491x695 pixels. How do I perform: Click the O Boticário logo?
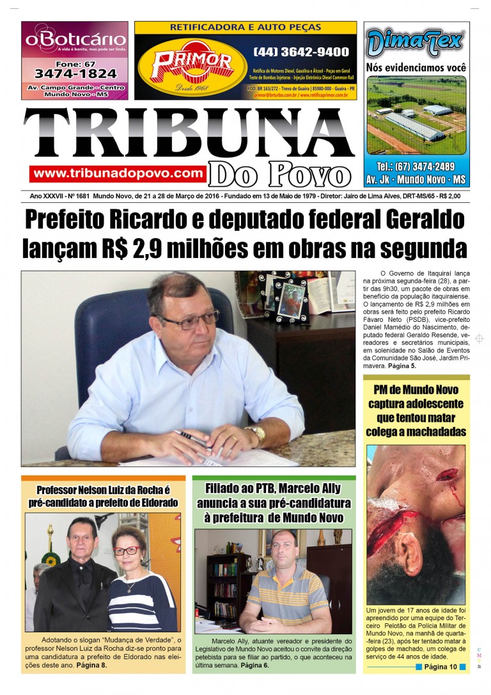[74, 40]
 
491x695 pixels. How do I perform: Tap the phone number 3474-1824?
[75, 74]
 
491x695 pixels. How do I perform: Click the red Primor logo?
[191, 63]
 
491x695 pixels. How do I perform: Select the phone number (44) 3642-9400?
[301, 52]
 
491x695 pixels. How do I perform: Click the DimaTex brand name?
[416, 42]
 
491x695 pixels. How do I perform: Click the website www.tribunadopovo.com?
[118, 173]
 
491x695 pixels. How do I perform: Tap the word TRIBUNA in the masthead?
[189, 134]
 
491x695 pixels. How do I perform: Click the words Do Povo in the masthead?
[281, 174]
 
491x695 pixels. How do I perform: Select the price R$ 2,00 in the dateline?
[447, 196]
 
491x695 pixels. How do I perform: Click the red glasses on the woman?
[126, 550]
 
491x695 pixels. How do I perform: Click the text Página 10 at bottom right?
[440, 667]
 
